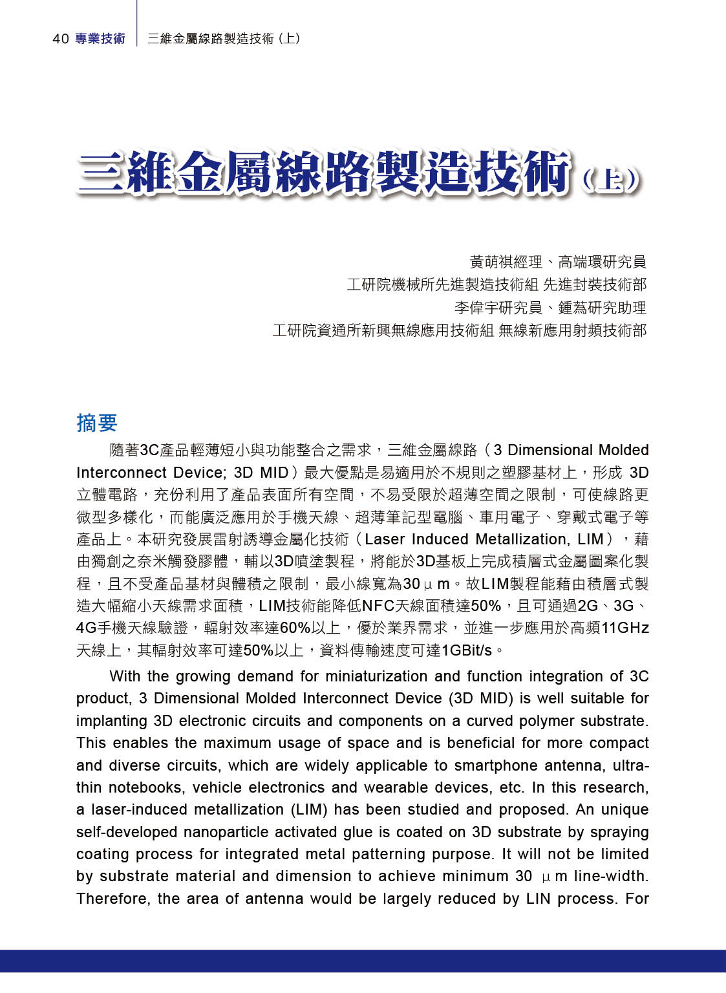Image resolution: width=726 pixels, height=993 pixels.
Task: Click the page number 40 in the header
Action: pos(60,39)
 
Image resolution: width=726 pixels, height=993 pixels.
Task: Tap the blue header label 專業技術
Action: pos(100,39)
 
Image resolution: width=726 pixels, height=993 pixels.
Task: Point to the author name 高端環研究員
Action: pos(602,262)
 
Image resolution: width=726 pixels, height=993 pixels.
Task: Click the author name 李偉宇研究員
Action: pos(498,308)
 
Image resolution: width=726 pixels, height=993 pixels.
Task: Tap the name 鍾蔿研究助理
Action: pos(602,308)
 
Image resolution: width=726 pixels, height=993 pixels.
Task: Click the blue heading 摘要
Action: pos(97,423)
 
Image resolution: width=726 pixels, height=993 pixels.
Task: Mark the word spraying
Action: pos(620,832)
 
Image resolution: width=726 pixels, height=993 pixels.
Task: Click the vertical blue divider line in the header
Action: pos(137,26)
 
